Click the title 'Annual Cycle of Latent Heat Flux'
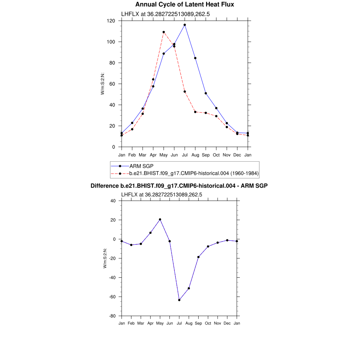[185, 5]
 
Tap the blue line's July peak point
[185, 25]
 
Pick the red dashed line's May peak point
[164, 32]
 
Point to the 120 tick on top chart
[111, 21]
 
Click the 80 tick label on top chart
[113, 63]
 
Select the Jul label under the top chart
[185, 155]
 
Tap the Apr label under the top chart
[153, 155]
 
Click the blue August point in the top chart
[195, 58]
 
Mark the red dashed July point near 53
[185, 91]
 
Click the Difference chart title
[179, 186]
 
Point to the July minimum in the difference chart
[179, 300]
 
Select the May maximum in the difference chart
[160, 219]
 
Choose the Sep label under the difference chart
[198, 323]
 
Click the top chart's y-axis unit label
[103, 84]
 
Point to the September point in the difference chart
[198, 257]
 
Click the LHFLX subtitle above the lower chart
[161, 194]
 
